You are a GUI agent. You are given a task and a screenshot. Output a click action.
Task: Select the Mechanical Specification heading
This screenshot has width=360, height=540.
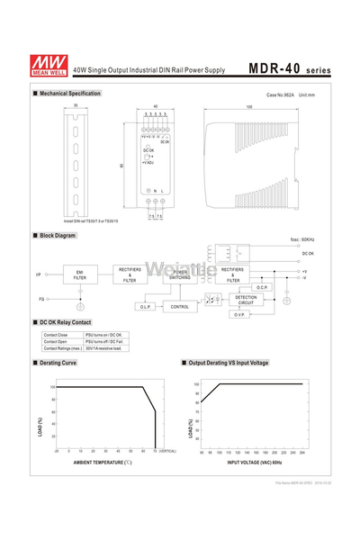coord(70,94)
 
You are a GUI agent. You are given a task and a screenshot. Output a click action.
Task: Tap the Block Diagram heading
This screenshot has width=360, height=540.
coord(58,235)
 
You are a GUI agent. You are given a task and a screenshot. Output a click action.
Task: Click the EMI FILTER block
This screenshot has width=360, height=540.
coord(79,274)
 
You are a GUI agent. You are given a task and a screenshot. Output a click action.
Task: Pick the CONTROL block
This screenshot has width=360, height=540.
coord(180,307)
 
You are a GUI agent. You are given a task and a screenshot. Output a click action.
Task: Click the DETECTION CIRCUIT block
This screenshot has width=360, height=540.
coord(246,300)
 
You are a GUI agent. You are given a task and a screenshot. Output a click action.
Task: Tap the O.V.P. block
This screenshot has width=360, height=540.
coord(240,315)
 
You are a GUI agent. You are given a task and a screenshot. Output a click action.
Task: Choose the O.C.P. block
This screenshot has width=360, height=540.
coord(262,287)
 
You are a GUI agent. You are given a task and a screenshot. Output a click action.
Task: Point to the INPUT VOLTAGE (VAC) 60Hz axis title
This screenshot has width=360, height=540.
coord(254,462)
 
